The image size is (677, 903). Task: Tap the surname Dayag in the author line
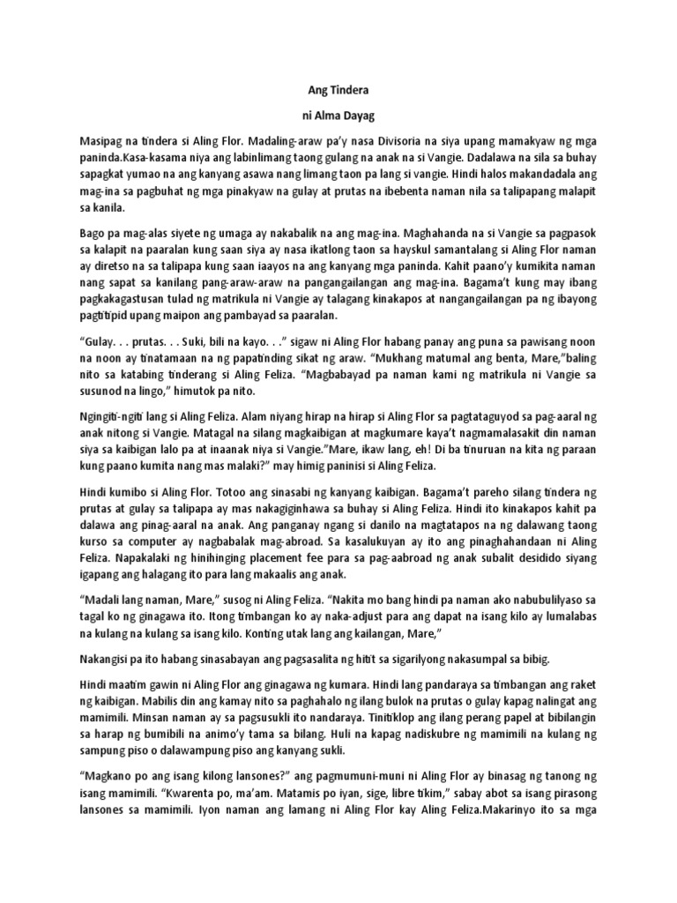358,115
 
